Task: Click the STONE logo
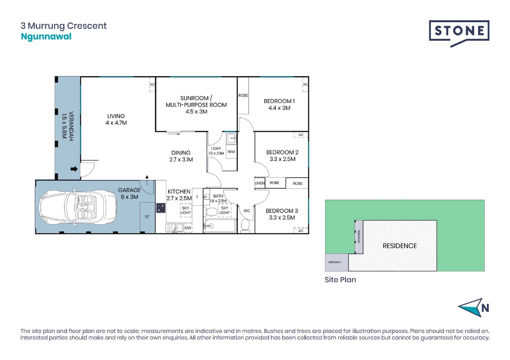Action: [x=459, y=33]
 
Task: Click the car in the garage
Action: [x=78, y=207]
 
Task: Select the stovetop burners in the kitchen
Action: [x=161, y=208]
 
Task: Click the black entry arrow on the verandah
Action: [x=74, y=169]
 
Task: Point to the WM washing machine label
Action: [x=231, y=152]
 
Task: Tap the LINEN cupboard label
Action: [x=260, y=183]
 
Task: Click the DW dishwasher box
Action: [x=188, y=228]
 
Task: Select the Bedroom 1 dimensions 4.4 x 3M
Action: [x=280, y=108]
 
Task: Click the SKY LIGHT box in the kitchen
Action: [x=185, y=210]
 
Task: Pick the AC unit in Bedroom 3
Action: [x=301, y=230]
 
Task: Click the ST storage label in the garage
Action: [x=147, y=217]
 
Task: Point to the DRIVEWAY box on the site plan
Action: [x=337, y=262]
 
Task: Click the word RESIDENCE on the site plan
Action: [x=400, y=246]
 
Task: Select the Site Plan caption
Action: [x=340, y=280]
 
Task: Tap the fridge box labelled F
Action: [x=197, y=197]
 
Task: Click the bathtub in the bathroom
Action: [x=220, y=226]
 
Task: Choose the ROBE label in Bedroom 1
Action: [x=243, y=95]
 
